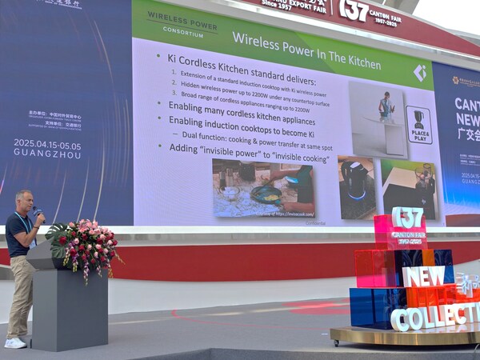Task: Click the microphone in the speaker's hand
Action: pos(36,213)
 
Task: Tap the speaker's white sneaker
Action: pos(15,342)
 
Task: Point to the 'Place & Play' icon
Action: pos(418,125)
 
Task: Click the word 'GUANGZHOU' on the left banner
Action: pos(47,154)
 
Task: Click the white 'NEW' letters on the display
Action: pos(423,277)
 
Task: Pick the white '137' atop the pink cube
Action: pos(407,217)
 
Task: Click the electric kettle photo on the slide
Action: pos(356,187)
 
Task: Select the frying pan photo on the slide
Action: pos(263,189)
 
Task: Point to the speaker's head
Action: pos(22,200)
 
